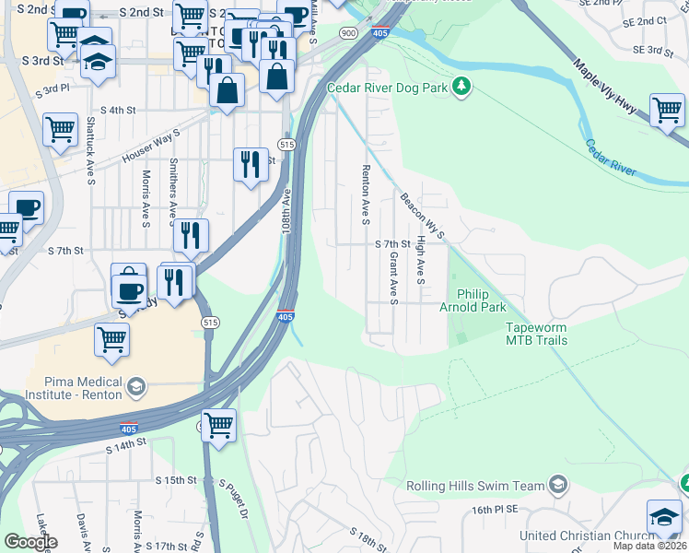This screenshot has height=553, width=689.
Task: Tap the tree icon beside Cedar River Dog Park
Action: coord(461,88)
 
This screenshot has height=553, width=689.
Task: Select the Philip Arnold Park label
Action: coord(476,300)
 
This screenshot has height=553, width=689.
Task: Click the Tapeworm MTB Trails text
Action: coord(535,334)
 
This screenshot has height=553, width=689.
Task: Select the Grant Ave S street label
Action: coord(393,278)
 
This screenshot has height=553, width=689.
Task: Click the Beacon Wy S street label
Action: coord(423,215)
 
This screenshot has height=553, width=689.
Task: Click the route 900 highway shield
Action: coord(347,32)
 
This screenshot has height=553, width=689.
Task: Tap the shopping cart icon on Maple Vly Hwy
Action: coord(667,110)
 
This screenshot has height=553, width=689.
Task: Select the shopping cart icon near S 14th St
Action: coord(218,425)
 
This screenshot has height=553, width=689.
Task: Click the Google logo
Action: coord(29,542)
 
